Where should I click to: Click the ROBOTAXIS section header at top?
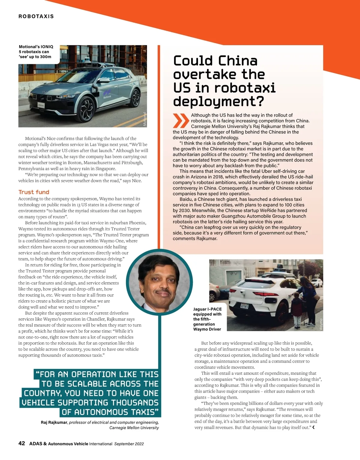pyautogui.click(x=36, y=16)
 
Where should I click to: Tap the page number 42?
pyautogui.click(x=22, y=444)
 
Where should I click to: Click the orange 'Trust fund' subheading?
pyautogui.click(x=34, y=192)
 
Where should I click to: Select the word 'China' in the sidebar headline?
pyautogui.click(x=238, y=61)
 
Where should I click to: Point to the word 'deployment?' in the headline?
pyautogui.click(x=218, y=101)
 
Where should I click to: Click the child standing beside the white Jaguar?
pyautogui.click(x=296, y=312)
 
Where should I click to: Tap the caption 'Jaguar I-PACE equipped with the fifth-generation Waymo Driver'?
pyautogui.click(x=208, y=319)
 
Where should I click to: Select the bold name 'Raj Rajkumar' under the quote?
pyautogui.click(x=54, y=423)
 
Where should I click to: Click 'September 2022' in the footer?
pyautogui.click(x=129, y=444)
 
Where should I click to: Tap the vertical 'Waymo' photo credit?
pyautogui.click(x=321, y=325)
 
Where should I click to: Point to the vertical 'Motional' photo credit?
pyautogui.click(x=145, y=119)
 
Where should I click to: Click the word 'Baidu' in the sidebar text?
pyautogui.click(x=186, y=199)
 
